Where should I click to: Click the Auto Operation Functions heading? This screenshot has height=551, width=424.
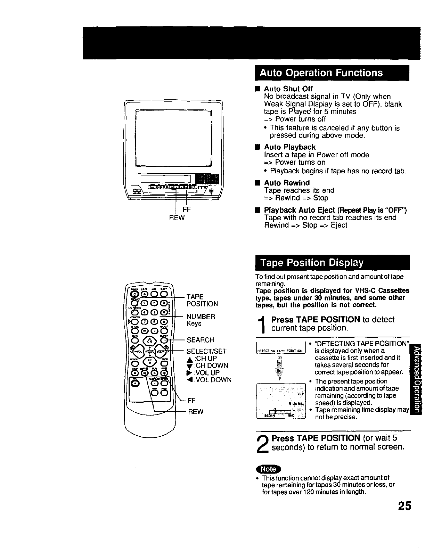pos(321,73)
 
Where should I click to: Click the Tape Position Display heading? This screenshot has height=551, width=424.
pos(312,263)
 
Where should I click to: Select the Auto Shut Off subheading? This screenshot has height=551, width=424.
pos(288,89)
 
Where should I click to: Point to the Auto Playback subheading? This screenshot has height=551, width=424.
pos(290,147)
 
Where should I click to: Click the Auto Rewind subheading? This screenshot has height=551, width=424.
pos(286,183)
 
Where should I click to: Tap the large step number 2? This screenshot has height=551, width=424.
pos(263,444)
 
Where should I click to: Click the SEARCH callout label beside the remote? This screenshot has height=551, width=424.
pos(201,340)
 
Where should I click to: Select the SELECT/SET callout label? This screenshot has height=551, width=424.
pos(206,351)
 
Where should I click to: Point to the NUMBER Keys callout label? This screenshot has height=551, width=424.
pos(201,320)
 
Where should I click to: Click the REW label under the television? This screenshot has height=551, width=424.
pos(177,218)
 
